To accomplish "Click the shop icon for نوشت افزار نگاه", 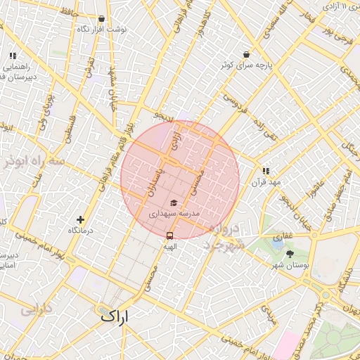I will (x=102, y=20).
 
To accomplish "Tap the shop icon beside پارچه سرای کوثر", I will (x=246, y=54).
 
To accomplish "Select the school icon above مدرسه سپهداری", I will (x=173, y=203).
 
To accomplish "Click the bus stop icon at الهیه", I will (x=169, y=236).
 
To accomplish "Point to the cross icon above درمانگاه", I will (x=81, y=220).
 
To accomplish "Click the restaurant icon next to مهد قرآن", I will (x=266, y=171).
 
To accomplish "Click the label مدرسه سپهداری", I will (x=173, y=213).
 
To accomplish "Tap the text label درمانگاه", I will (x=82, y=231).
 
